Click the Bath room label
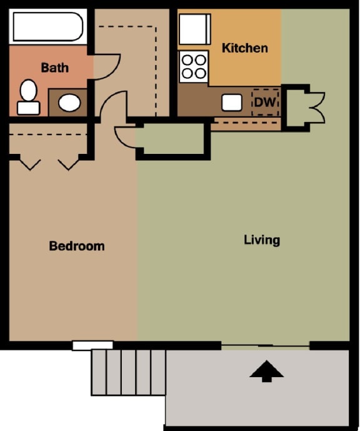point(54,67)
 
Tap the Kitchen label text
point(245,48)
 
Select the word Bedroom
point(77,246)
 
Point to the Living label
point(262,240)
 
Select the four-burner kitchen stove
point(194,66)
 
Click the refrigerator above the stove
point(194,29)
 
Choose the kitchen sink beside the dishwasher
point(232,102)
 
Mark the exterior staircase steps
point(128,372)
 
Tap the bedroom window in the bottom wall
point(92,345)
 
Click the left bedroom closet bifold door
point(29,164)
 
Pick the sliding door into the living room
point(266,345)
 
